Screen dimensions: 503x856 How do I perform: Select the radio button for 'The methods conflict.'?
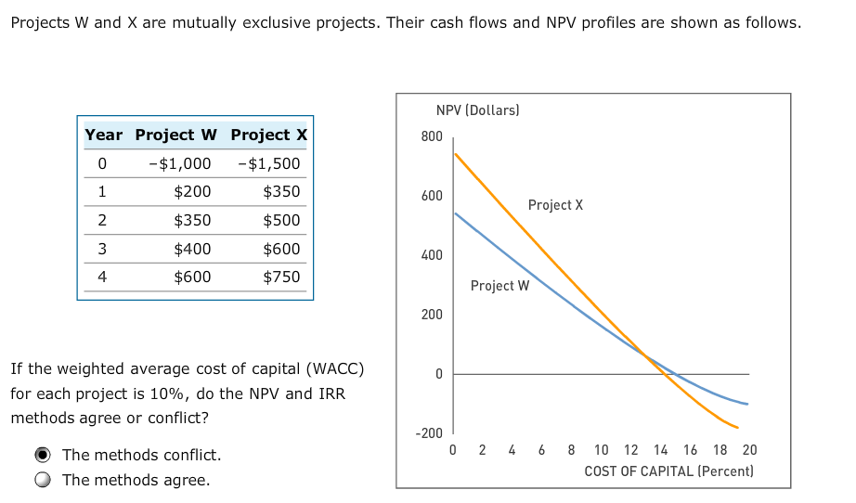tap(43, 455)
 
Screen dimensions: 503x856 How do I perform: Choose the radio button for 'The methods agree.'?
tap(43, 480)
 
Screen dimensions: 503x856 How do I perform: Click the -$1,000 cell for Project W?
tap(179, 163)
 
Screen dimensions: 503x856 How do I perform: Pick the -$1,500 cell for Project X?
tap(269, 163)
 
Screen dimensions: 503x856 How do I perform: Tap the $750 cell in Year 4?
tap(281, 277)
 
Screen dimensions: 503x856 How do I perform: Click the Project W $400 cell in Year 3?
tap(192, 249)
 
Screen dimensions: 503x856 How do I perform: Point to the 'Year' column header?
tap(103, 135)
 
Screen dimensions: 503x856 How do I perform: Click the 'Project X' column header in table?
tap(268, 135)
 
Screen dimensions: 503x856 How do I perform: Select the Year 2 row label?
tap(102, 220)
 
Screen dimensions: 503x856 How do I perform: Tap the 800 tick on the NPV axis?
tap(432, 136)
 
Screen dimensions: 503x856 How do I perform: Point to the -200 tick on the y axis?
tap(428, 433)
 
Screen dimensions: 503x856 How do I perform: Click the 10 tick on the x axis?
tap(602, 450)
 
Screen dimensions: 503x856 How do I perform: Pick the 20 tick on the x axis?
tap(749, 450)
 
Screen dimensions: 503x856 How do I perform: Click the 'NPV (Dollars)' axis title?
tap(477, 110)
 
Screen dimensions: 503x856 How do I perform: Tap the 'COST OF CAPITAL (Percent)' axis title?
tap(668, 471)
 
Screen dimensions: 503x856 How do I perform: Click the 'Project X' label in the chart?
tap(555, 204)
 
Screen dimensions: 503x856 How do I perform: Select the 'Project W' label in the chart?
tap(499, 286)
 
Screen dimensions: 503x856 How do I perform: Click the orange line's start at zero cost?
tap(454, 153)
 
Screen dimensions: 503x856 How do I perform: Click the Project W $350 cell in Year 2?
tap(192, 220)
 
